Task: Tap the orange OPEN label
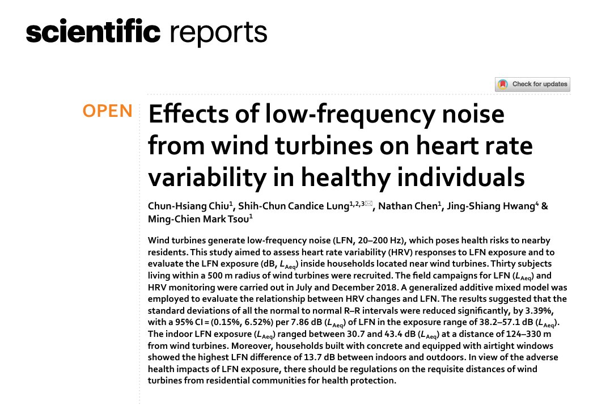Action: (107, 111)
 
